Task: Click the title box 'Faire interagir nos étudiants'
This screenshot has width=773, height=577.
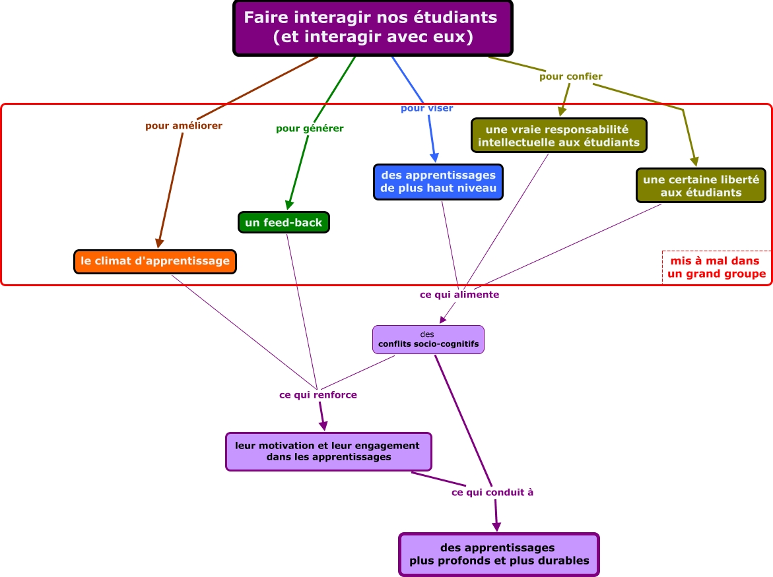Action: [373, 28]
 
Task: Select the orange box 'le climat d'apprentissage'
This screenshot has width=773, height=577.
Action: [155, 261]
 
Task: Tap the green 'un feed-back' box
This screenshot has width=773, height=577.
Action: [283, 222]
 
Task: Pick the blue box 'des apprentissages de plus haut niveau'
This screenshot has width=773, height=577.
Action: [438, 181]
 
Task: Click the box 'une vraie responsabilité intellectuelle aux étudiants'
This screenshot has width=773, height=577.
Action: [558, 135]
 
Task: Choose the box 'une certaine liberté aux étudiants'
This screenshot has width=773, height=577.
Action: [700, 185]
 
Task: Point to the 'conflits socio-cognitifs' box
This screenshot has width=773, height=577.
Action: [428, 339]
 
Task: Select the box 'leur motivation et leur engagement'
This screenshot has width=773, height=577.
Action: [328, 451]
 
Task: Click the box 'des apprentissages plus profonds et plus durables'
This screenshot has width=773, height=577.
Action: [498, 555]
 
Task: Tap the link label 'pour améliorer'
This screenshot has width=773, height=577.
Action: [184, 125]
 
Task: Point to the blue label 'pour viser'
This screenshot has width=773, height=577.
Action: [427, 108]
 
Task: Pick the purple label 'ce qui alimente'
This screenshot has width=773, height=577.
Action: [459, 295]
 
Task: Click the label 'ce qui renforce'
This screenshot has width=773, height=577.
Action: [318, 395]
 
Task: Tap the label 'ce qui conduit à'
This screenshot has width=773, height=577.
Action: [492, 492]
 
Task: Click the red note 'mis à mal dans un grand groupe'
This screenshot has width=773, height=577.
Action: [716, 268]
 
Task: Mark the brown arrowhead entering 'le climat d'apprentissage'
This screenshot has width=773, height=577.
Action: [159, 243]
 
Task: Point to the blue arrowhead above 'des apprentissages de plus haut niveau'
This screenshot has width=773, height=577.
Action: [434, 158]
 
